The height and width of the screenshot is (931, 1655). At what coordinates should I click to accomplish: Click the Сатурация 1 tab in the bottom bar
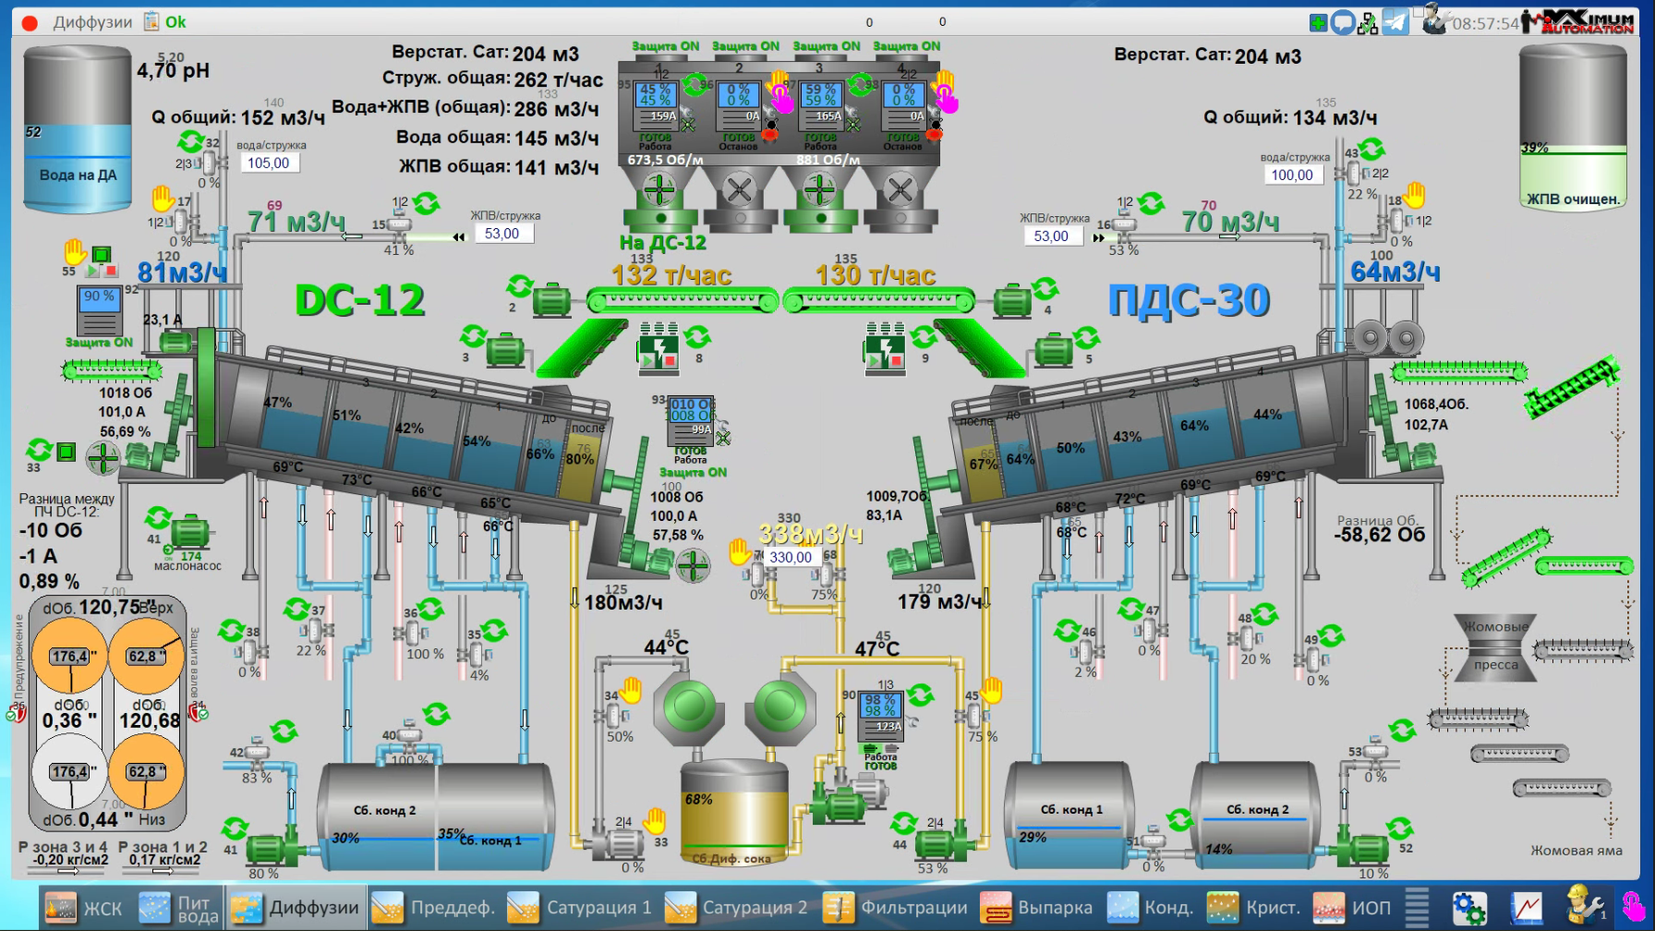click(581, 908)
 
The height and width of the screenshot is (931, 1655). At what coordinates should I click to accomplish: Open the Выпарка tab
click(1037, 908)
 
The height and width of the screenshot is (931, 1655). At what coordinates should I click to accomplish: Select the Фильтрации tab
click(896, 908)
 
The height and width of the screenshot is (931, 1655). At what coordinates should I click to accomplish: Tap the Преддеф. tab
click(434, 908)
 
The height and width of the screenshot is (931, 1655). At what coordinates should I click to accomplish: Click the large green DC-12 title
click(360, 300)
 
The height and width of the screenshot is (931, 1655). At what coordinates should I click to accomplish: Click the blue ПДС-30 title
click(1190, 301)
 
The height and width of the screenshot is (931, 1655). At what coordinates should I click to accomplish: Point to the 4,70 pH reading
click(174, 71)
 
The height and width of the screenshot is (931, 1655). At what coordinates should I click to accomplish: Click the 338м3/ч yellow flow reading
click(810, 535)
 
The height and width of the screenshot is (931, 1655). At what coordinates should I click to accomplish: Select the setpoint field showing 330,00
click(791, 557)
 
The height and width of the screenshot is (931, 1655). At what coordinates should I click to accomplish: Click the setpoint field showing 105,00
click(268, 163)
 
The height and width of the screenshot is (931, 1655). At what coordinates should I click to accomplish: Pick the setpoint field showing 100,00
click(1291, 175)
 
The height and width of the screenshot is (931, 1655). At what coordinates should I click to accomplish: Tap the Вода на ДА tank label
click(78, 175)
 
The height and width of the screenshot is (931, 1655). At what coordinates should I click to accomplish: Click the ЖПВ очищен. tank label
click(1573, 199)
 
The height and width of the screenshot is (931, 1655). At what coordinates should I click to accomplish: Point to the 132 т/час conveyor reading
click(671, 275)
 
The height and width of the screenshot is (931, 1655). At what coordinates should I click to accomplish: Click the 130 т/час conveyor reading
click(876, 275)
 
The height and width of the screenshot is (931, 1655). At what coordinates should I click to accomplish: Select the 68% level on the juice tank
click(698, 799)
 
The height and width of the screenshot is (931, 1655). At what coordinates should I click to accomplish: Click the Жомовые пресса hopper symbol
click(1495, 646)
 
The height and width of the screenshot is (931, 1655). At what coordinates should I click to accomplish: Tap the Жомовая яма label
click(1576, 851)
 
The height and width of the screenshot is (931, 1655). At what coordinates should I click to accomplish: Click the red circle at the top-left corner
click(30, 23)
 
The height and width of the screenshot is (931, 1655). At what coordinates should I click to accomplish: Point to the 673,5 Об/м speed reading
click(665, 160)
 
